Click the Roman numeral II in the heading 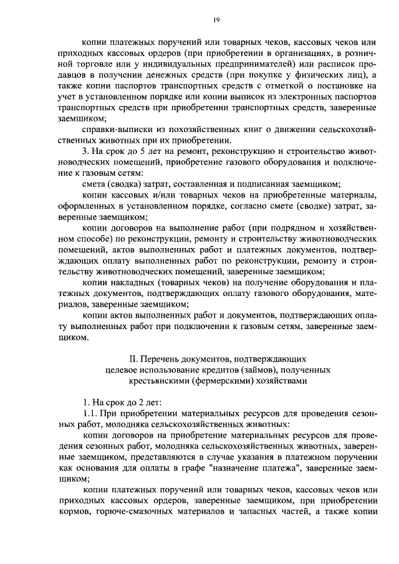tap(132, 358)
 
